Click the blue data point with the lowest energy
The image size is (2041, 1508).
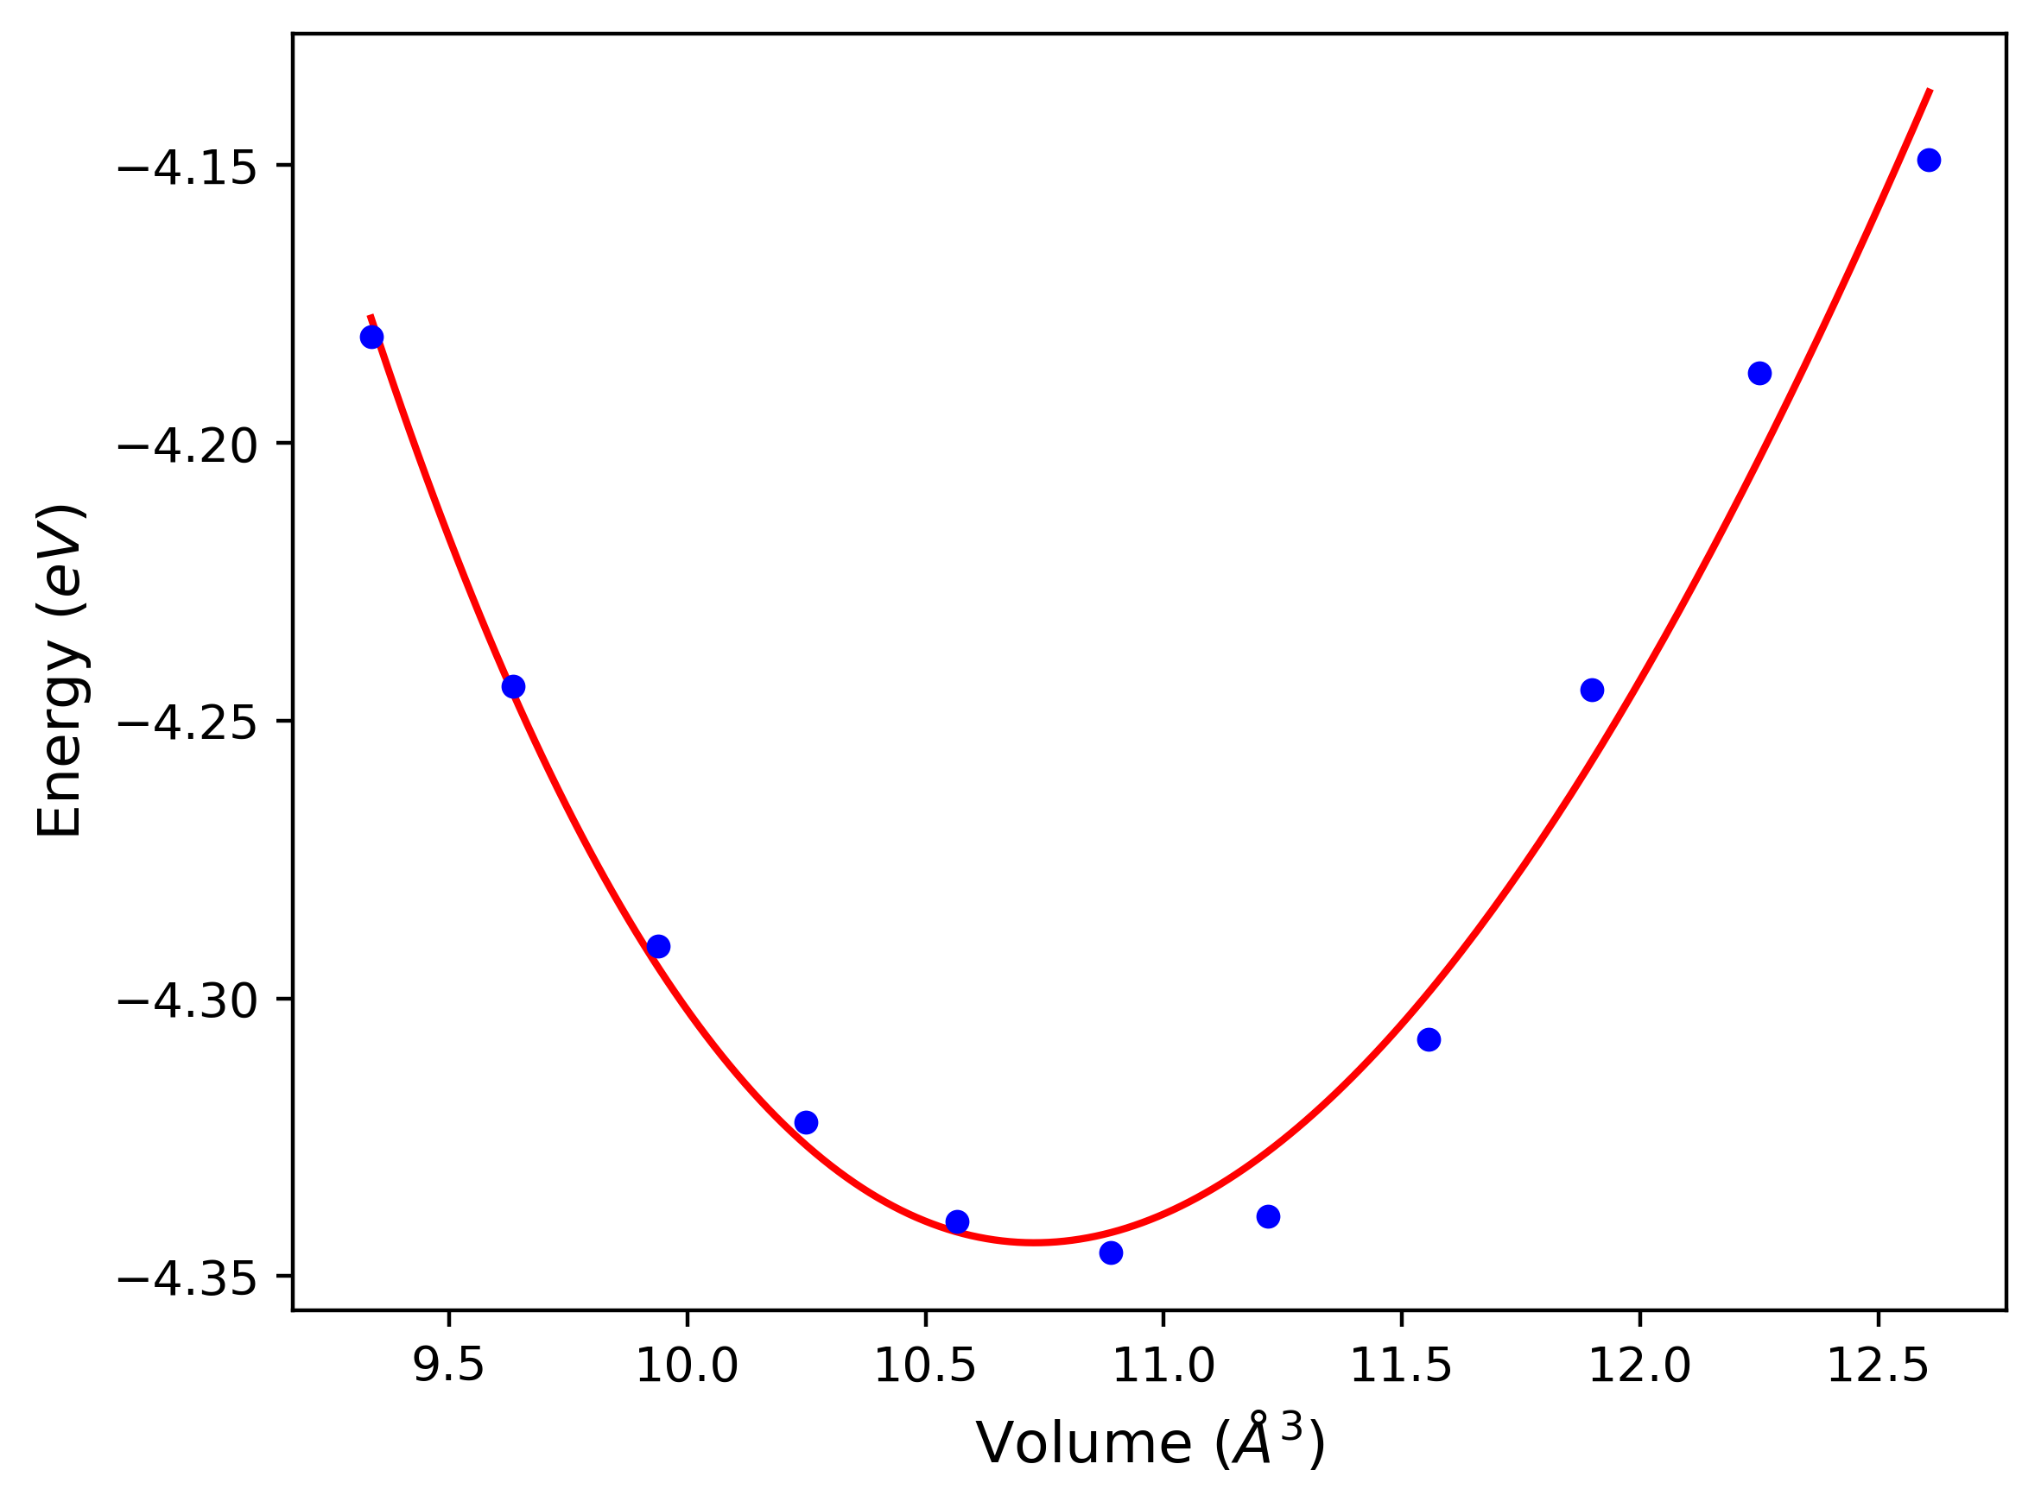[x=1111, y=1253]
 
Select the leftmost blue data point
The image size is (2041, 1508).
[x=371, y=338]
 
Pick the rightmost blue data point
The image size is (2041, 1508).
[x=1929, y=161]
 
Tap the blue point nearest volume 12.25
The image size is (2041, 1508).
[x=1759, y=374]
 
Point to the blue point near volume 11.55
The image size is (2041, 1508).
[x=1429, y=1039]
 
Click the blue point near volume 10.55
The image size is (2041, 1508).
[x=957, y=1222]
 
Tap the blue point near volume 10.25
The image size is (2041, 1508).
[x=807, y=1123]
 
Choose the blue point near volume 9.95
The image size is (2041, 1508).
[x=658, y=947]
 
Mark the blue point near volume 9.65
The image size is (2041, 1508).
[x=514, y=687]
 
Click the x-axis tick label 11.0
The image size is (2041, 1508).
[x=1163, y=1367]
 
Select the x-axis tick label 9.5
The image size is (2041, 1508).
[x=448, y=1367]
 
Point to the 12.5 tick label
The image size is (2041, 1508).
[x=1878, y=1367]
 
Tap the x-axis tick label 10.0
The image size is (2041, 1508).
[x=687, y=1367]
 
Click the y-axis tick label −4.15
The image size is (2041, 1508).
[x=187, y=168]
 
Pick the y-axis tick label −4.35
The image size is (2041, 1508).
[x=187, y=1279]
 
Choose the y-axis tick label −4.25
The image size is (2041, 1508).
[x=187, y=724]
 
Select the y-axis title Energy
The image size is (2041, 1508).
[x=60, y=670]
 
